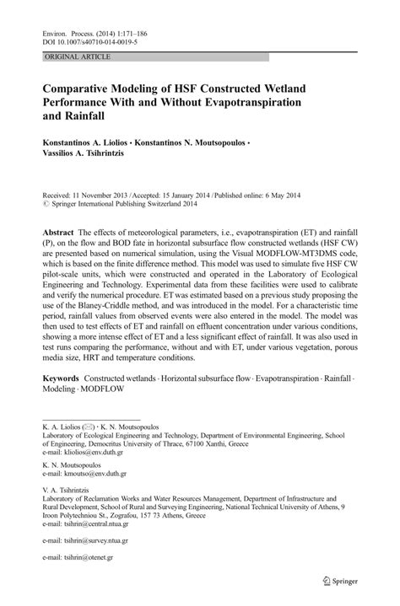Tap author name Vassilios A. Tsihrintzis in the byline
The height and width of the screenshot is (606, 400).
[86, 157]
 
